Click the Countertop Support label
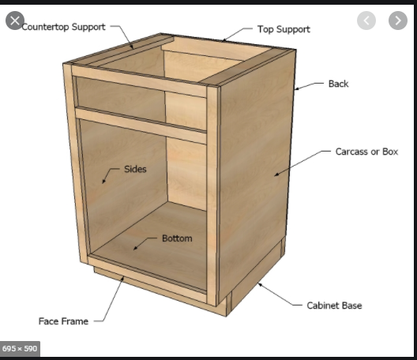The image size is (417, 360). pyautogui.click(x=63, y=27)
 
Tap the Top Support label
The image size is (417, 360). pyautogui.click(x=284, y=29)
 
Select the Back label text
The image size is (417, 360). pyautogui.click(x=338, y=84)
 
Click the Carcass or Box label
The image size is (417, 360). pyautogui.click(x=366, y=152)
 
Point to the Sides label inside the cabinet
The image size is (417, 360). pyautogui.click(x=135, y=169)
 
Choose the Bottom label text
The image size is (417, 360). pyautogui.click(x=177, y=238)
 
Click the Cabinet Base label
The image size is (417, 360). pyautogui.click(x=334, y=306)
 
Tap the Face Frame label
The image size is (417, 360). pyautogui.click(x=63, y=321)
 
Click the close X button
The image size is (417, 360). pyautogui.click(x=15, y=21)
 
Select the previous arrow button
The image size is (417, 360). pyautogui.click(x=366, y=21)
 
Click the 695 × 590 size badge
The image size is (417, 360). pyautogui.click(x=20, y=349)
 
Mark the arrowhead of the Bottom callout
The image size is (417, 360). pyautogui.click(x=135, y=249)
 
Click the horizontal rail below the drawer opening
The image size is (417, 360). pyautogui.click(x=141, y=126)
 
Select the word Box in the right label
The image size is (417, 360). pyautogui.click(x=390, y=152)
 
